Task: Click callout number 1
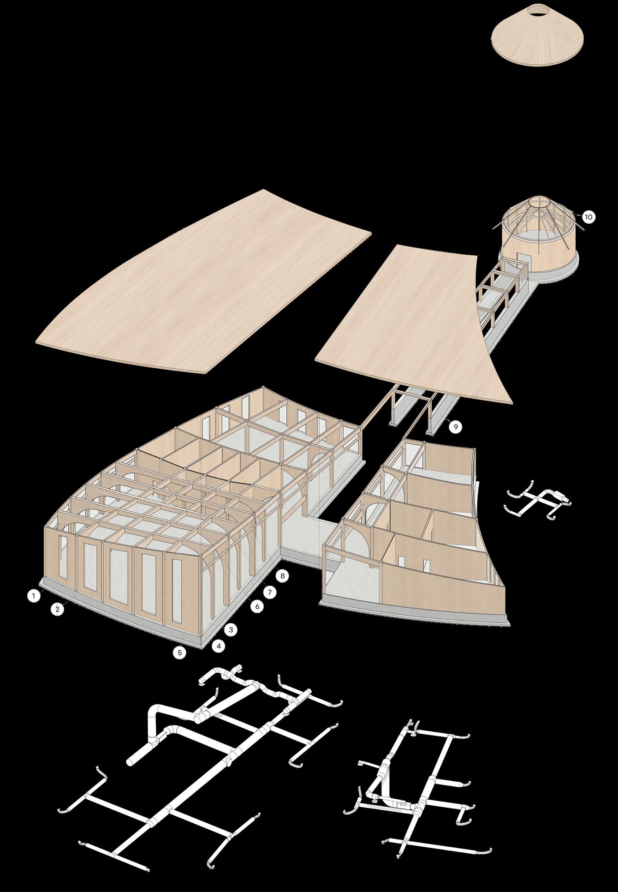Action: point(33,596)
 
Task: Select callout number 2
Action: point(57,609)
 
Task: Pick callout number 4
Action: point(219,646)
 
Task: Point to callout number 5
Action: point(179,652)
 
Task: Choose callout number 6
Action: point(257,606)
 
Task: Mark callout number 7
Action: point(270,591)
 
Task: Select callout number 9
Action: point(455,427)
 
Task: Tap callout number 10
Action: point(588,216)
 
